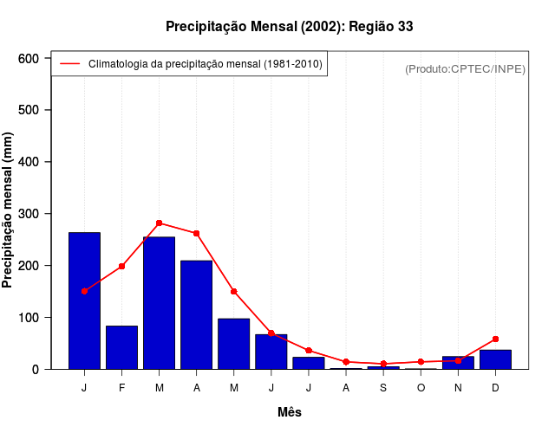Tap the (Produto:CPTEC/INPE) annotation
click(465, 68)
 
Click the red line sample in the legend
click(69, 64)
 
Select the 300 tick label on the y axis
click(29, 214)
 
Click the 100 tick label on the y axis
click(29, 318)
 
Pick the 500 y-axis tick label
click(29, 110)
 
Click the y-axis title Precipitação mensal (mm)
click(9, 210)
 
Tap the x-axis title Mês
click(290, 412)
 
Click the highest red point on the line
click(159, 223)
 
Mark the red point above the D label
click(495, 339)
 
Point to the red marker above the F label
click(121, 266)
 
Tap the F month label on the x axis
click(121, 387)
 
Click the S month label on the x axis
click(383, 387)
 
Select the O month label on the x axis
click(421, 387)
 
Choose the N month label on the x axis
click(458, 387)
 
